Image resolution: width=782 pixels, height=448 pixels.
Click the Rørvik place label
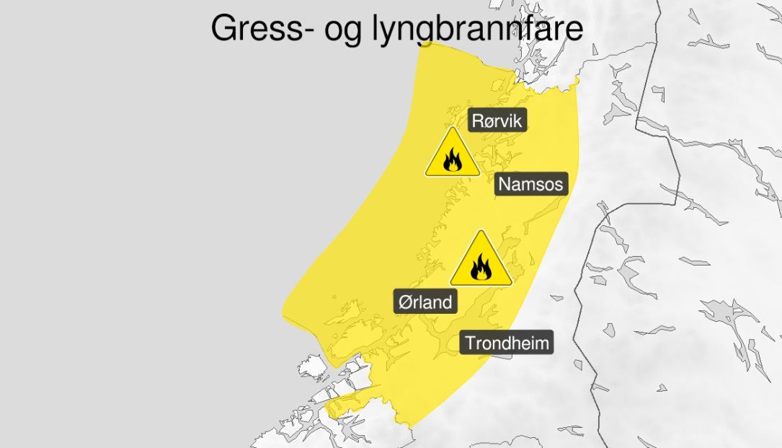coord(497,120)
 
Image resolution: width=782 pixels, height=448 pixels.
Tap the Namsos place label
coord(530,184)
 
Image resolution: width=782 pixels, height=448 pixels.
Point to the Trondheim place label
coord(507,343)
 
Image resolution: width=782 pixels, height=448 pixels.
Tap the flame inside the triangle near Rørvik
coord(452,160)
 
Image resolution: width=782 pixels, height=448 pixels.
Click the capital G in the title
coord(224,29)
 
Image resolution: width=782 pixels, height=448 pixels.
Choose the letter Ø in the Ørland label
coord(405,301)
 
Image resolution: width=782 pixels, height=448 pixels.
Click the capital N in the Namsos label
coord(505,184)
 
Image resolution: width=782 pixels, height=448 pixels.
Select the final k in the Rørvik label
coord(517,120)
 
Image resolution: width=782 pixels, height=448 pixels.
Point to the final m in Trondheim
coord(541,343)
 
